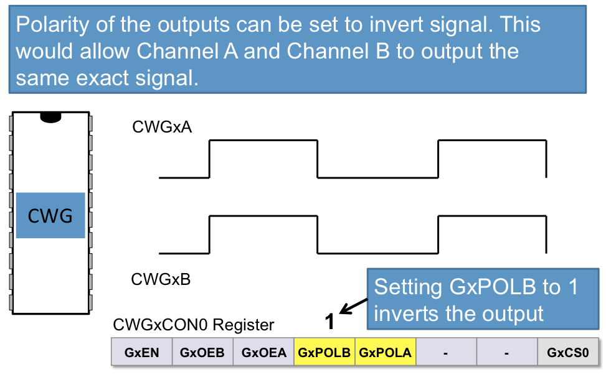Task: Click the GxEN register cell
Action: [x=141, y=353]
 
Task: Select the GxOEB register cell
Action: [x=202, y=353]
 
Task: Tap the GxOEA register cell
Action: [x=263, y=353]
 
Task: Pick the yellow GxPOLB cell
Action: [x=324, y=353]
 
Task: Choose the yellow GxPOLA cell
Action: [x=386, y=353]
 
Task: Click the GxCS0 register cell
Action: [x=568, y=353]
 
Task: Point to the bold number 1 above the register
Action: [x=331, y=322]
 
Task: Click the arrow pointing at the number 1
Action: [x=354, y=305]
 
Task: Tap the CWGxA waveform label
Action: [x=162, y=128]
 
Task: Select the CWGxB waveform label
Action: [x=161, y=279]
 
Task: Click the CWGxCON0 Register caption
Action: [x=193, y=325]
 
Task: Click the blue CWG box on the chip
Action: [x=50, y=216]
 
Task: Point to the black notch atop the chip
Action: [x=50, y=116]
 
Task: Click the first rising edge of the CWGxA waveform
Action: [x=210, y=159]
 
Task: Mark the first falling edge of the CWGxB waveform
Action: [x=318, y=235]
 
